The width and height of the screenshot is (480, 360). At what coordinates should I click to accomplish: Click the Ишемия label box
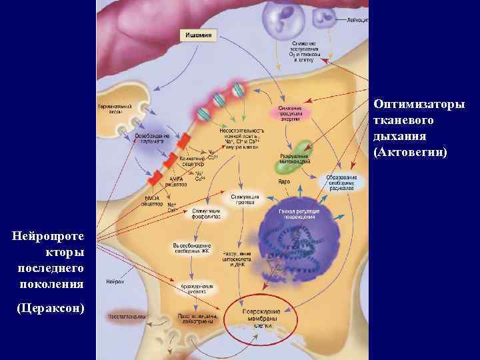[199, 36]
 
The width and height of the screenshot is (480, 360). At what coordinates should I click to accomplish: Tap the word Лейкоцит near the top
[357, 21]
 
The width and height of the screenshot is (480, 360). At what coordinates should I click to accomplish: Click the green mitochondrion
[304, 149]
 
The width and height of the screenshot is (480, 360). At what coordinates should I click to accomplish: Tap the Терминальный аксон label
[115, 108]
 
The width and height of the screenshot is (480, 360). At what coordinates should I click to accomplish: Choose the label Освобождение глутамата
[152, 138]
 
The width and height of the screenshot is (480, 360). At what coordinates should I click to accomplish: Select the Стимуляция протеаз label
[245, 199]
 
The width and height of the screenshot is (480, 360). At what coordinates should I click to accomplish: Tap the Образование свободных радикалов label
[341, 183]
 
